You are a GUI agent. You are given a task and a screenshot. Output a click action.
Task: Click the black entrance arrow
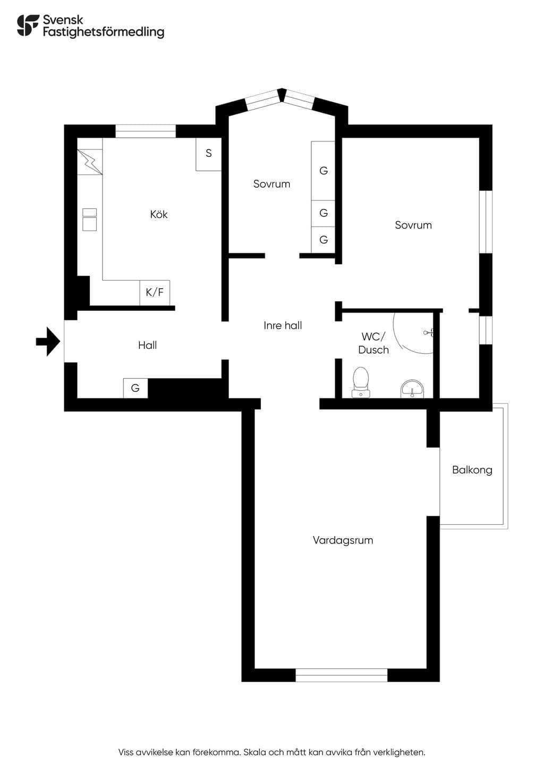coord(48,341)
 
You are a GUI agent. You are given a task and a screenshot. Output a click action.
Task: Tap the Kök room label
coord(159,214)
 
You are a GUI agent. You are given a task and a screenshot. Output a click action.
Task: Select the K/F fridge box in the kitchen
coord(155,292)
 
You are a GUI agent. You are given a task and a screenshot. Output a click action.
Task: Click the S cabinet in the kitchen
coord(208,154)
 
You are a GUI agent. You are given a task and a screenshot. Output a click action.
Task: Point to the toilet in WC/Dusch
coord(361,382)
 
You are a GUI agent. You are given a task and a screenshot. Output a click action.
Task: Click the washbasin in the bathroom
coord(412,389)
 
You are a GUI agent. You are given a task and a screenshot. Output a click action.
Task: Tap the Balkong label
coord(472,470)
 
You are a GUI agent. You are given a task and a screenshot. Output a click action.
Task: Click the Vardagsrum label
coord(343,540)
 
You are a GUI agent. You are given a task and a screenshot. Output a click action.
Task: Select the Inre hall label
coord(283,325)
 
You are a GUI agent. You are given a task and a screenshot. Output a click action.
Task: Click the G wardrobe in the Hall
coord(135,388)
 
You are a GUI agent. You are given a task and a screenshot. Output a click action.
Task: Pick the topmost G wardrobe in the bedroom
coord(323,171)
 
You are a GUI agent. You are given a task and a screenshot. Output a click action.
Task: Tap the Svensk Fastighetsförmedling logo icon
coord(28,25)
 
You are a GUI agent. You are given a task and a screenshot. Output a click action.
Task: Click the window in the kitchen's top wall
coord(145,131)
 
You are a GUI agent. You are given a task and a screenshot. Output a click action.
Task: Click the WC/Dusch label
coord(373,343)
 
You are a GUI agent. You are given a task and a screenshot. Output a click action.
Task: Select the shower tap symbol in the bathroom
coord(429,332)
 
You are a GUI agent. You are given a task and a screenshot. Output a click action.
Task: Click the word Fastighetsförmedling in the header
coord(104,32)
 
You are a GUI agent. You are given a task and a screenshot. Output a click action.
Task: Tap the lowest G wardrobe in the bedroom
coord(323,240)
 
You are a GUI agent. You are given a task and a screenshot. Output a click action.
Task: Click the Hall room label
coord(147,345)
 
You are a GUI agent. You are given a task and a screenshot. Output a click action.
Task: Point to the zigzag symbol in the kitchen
coord(90,162)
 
